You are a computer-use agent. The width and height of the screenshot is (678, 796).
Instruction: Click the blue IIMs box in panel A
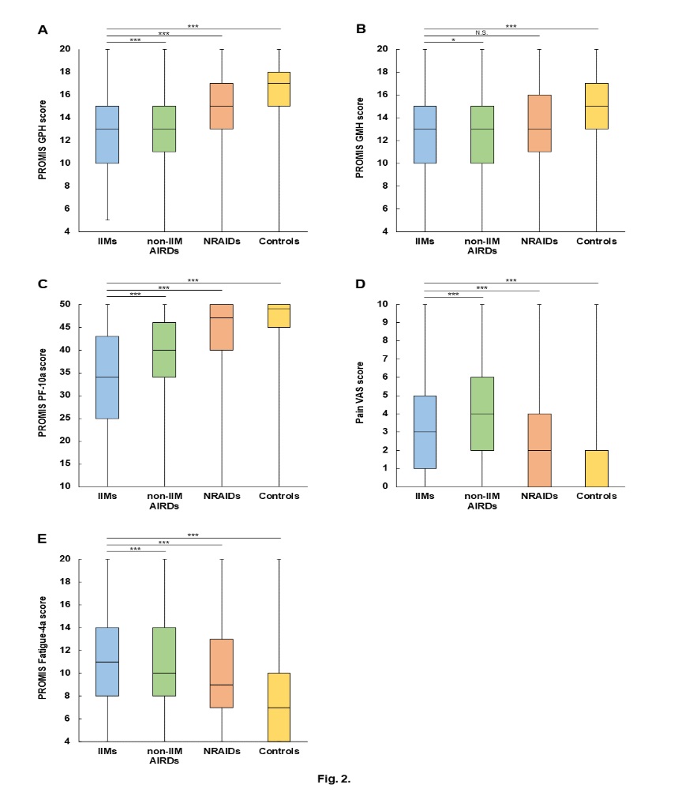coord(107,134)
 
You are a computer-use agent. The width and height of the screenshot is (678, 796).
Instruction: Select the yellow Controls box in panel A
coord(279,88)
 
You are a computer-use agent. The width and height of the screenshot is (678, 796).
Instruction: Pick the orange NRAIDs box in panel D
coord(539,449)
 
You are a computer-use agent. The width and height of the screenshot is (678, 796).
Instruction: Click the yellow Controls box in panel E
coord(279,707)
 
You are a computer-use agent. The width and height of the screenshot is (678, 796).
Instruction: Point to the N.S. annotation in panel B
coord(481,32)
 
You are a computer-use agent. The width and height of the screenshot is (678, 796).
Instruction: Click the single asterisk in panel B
coord(453,39)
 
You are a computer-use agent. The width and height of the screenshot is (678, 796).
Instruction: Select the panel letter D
coord(361,283)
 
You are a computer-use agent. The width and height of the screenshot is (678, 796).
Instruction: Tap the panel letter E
coord(43,539)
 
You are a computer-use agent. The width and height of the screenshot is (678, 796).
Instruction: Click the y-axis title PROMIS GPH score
coord(43,140)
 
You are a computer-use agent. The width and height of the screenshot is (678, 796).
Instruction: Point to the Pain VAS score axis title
coord(360,395)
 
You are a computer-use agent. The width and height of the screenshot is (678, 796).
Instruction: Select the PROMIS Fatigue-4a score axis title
coord(43,649)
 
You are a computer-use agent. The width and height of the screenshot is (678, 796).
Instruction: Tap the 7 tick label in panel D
coord(406,359)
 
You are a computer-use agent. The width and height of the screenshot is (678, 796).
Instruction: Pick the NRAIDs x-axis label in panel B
coord(539,241)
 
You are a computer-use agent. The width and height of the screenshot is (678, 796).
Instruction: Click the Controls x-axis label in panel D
coord(596,496)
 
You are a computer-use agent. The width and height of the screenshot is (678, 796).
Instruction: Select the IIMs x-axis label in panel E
coord(107,751)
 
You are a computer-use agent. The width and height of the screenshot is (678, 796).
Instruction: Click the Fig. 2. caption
coord(334,779)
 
